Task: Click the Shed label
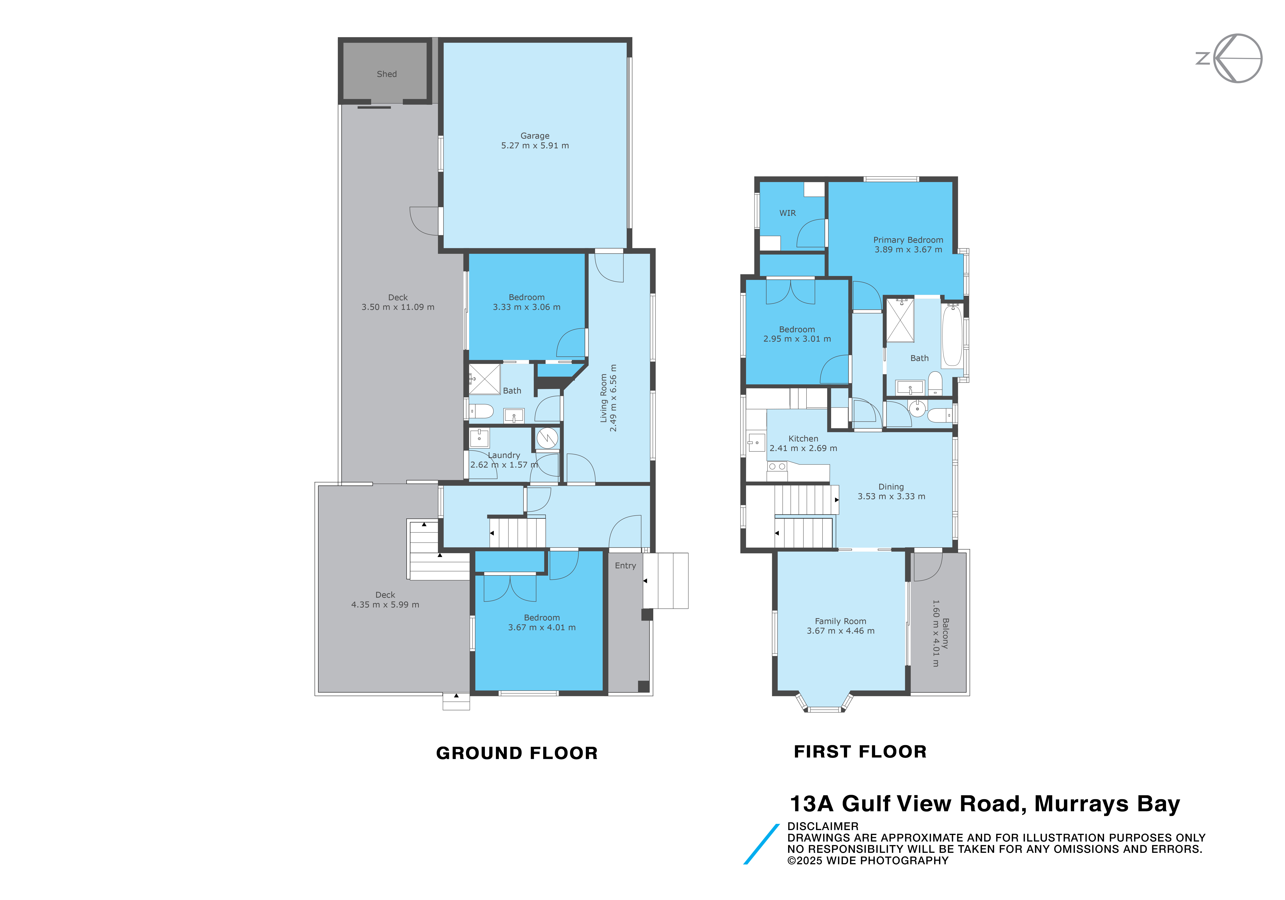pyautogui.click(x=387, y=74)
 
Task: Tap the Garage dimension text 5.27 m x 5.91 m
pyautogui.click(x=535, y=146)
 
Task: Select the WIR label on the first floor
pyautogui.click(x=788, y=213)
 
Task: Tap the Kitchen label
pyautogui.click(x=803, y=438)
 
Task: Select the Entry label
pyautogui.click(x=626, y=566)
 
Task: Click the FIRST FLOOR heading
pyautogui.click(x=860, y=752)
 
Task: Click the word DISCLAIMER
pyautogui.click(x=823, y=826)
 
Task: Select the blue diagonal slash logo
pyautogui.click(x=761, y=844)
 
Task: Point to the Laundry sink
pyautogui.click(x=480, y=438)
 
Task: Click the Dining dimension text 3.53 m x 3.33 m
pyautogui.click(x=892, y=496)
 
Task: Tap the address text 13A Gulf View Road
pyautogui.click(x=907, y=804)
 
